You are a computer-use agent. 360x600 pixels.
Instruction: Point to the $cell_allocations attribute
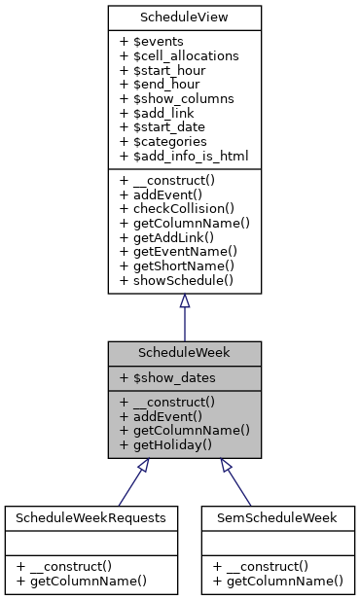179,56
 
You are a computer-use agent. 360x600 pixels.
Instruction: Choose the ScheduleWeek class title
184,351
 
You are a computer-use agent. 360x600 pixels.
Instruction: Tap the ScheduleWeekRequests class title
90,517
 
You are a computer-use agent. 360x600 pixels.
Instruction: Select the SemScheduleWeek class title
277,517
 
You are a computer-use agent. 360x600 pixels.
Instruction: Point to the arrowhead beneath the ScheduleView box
184,300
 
